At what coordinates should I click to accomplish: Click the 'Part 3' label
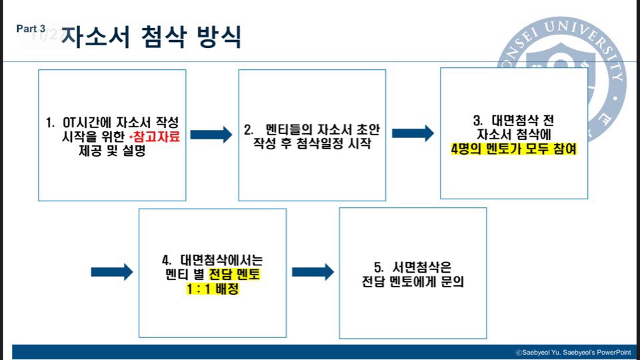pos(31,29)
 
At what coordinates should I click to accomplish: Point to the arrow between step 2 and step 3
pos(413,133)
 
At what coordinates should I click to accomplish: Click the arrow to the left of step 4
pos(112,272)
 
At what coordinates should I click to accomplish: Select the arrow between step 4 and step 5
pos(313,272)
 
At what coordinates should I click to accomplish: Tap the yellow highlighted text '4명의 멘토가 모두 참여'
pos(513,149)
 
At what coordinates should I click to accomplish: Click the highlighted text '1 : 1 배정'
pos(213,290)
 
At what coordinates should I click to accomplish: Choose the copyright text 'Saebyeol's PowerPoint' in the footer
pos(595,352)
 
